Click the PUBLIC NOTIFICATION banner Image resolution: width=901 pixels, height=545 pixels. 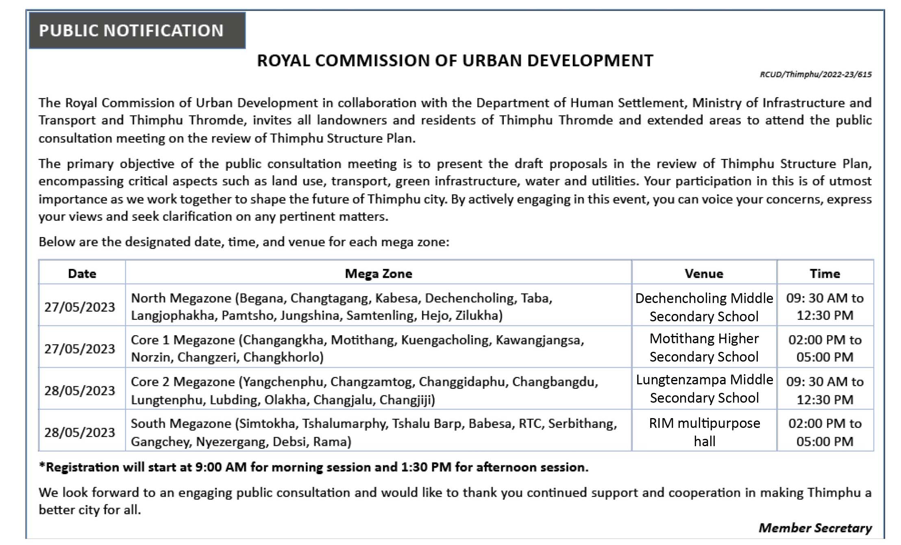[x=131, y=31]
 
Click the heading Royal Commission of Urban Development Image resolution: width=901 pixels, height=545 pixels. [x=455, y=61]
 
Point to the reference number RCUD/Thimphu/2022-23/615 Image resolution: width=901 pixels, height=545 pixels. [x=816, y=74]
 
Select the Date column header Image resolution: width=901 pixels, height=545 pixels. [x=82, y=273]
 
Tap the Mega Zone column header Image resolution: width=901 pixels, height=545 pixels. [x=378, y=273]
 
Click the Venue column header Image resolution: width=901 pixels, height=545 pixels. [x=704, y=273]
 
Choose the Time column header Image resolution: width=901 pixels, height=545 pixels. [x=825, y=273]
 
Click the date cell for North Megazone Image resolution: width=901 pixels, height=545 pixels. [x=80, y=307]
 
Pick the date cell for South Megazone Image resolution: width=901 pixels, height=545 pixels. [x=80, y=432]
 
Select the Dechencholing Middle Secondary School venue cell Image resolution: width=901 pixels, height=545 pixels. [x=704, y=307]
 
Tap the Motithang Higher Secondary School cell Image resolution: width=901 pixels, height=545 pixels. [x=704, y=348]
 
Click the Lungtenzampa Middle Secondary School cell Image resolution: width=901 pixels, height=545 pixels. [x=704, y=389]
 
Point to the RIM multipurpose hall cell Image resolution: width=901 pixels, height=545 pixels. [x=704, y=432]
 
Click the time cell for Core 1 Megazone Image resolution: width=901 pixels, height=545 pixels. [x=825, y=348]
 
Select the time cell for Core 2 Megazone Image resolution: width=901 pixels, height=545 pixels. [x=825, y=390]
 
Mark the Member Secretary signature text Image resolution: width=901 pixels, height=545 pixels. [x=815, y=528]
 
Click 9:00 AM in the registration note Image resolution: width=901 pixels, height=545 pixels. [x=221, y=467]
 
